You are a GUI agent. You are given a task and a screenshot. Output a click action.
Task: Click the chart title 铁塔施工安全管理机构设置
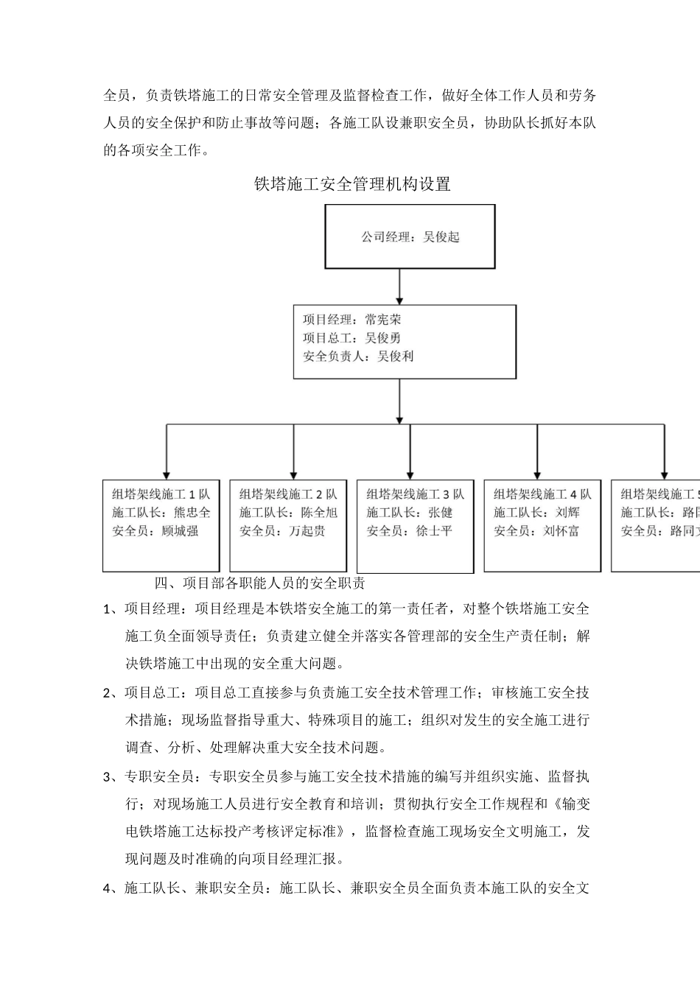click(x=352, y=184)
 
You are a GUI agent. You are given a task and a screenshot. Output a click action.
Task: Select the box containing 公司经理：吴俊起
click(x=410, y=236)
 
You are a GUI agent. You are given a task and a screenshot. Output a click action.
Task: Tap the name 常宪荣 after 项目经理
click(x=383, y=320)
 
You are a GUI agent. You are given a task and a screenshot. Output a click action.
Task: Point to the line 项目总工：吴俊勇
click(x=351, y=338)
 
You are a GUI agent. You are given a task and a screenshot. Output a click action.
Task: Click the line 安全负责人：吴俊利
click(x=358, y=357)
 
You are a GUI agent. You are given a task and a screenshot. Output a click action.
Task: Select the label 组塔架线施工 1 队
click(x=161, y=494)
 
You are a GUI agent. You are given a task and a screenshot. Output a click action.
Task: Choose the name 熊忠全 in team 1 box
click(x=192, y=513)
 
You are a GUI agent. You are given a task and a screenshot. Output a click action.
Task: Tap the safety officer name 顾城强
click(x=180, y=531)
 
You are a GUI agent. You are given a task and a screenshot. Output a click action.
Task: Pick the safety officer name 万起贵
click(x=307, y=531)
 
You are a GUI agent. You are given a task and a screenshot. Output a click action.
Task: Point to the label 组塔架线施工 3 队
click(x=416, y=494)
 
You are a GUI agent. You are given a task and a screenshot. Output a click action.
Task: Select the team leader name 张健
click(x=441, y=513)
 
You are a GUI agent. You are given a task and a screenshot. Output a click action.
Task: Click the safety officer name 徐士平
click(x=434, y=531)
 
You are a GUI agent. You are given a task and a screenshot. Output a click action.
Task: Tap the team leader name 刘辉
click(x=567, y=513)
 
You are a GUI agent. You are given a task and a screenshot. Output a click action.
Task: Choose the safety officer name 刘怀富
click(x=561, y=531)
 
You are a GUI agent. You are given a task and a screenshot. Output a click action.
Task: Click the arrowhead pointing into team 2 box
click(x=293, y=474)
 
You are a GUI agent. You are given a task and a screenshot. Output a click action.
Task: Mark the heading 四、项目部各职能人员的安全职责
click(x=259, y=583)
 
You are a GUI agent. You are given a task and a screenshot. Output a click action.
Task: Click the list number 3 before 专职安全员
click(x=108, y=776)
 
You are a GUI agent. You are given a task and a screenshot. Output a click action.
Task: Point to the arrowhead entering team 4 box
click(x=537, y=474)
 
